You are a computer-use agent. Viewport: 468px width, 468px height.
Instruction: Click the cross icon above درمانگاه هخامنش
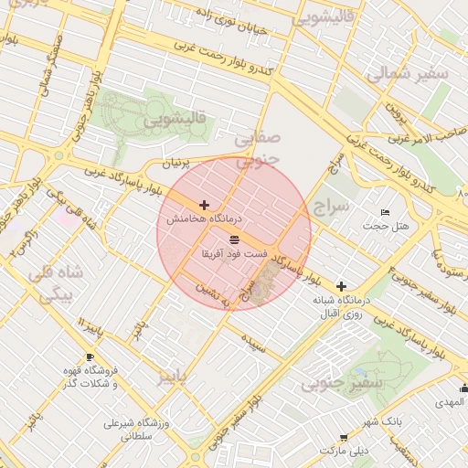click(203, 206)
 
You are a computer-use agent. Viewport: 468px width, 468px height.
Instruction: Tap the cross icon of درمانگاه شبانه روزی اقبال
click(341, 286)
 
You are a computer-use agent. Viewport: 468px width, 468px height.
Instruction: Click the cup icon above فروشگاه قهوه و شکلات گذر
click(90, 356)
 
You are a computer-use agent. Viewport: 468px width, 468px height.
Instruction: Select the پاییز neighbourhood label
click(175, 376)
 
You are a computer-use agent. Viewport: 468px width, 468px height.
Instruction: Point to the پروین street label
click(393, 113)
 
